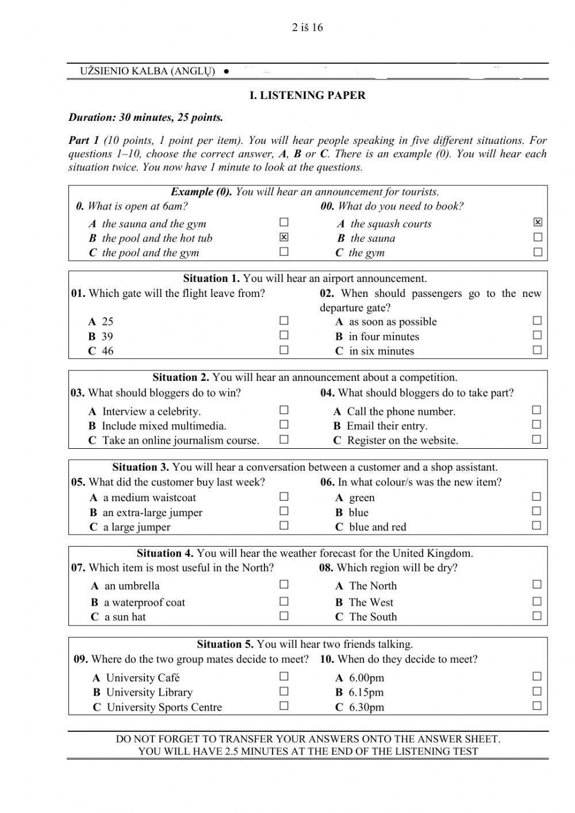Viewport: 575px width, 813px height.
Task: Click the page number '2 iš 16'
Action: coord(307,28)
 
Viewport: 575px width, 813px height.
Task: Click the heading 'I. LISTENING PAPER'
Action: coord(307,96)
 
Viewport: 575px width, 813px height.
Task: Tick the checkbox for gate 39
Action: coord(283,335)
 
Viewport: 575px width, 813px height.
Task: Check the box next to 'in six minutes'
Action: coord(537,350)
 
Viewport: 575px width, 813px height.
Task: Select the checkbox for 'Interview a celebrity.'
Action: coord(283,410)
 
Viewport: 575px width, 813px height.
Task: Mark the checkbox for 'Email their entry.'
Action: coord(536,425)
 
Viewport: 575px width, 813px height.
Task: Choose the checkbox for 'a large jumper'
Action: coord(283,525)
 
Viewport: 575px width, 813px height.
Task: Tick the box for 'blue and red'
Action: coord(536,525)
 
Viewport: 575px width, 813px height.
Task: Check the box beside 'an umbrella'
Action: coord(283,585)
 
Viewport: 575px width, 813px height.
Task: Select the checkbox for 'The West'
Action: coord(536,601)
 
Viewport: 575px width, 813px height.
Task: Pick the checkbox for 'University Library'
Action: coord(283,691)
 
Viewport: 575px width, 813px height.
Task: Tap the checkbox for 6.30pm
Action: coord(537,706)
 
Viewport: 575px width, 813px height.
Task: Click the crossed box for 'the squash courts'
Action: coord(538,222)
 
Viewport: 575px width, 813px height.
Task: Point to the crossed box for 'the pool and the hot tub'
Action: coord(283,237)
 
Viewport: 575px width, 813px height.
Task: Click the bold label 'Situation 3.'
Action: coord(140,467)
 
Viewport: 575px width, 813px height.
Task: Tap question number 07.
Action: coord(78,568)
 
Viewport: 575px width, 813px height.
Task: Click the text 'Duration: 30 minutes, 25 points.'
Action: coord(145,118)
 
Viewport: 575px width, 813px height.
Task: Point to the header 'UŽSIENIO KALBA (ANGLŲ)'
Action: coord(148,71)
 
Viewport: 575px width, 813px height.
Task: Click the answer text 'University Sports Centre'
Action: coord(164,707)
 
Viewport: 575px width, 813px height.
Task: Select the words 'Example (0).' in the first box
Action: coord(201,192)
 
